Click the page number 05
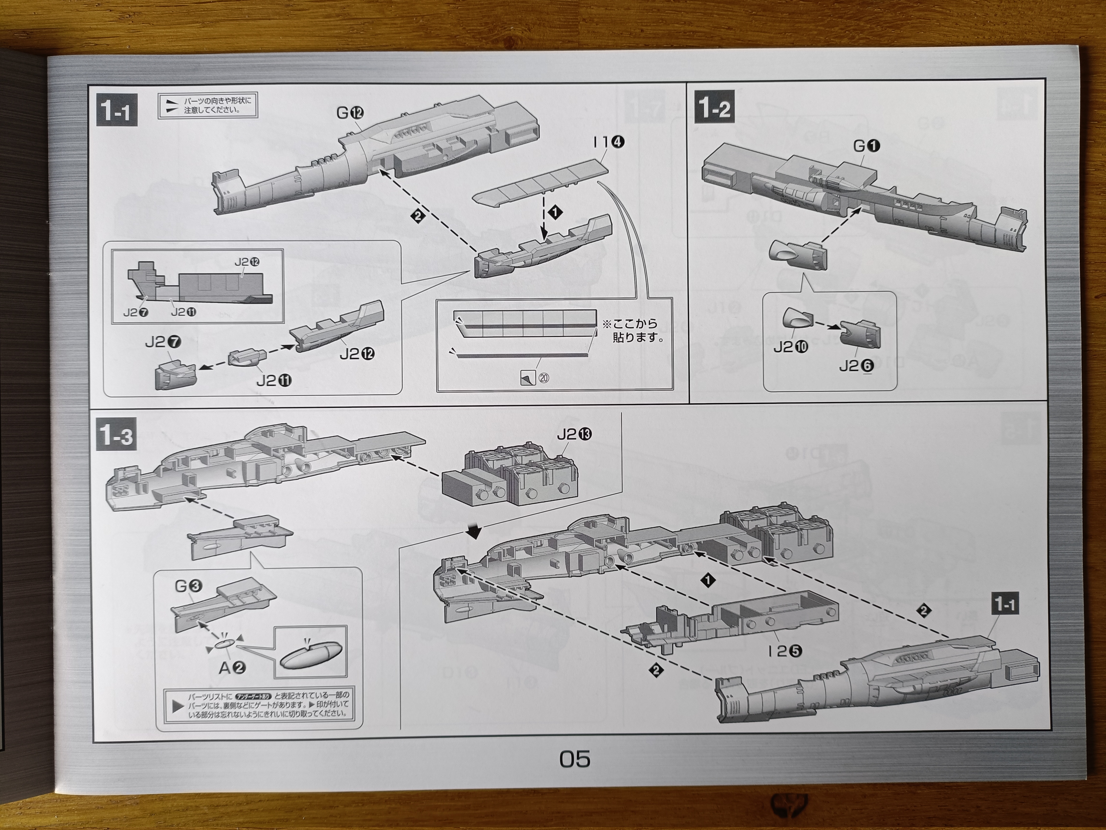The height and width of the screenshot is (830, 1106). tap(575, 759)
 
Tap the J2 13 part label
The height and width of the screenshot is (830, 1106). tap(574, 434)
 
